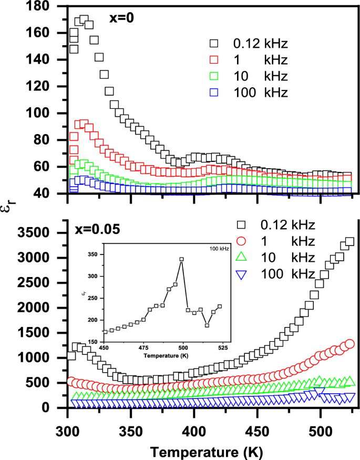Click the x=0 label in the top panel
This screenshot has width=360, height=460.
[x=121, y=17]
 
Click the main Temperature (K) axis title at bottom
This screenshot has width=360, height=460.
[x=205, y=451]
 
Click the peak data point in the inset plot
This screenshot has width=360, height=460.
[x=182, y=259]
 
